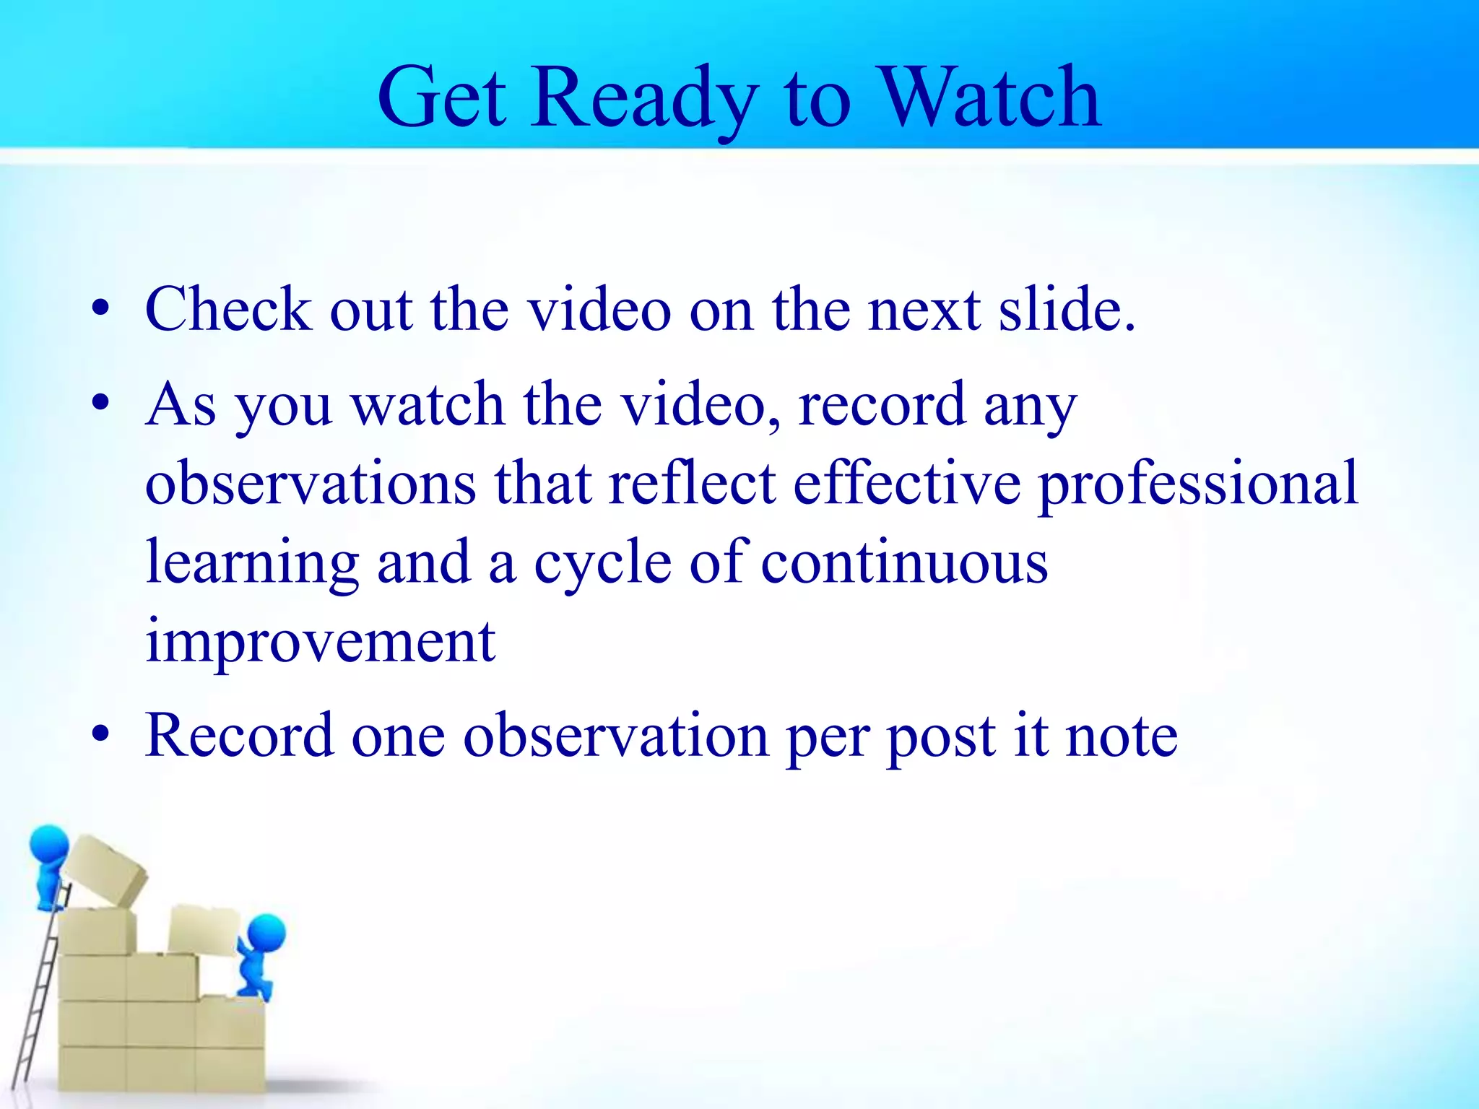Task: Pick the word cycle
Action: click(x=603, y=563)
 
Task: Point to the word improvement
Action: click(x=320, y=643)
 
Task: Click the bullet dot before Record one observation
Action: click(x=100, y=735)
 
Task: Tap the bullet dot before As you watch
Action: click(x=100, y=401)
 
